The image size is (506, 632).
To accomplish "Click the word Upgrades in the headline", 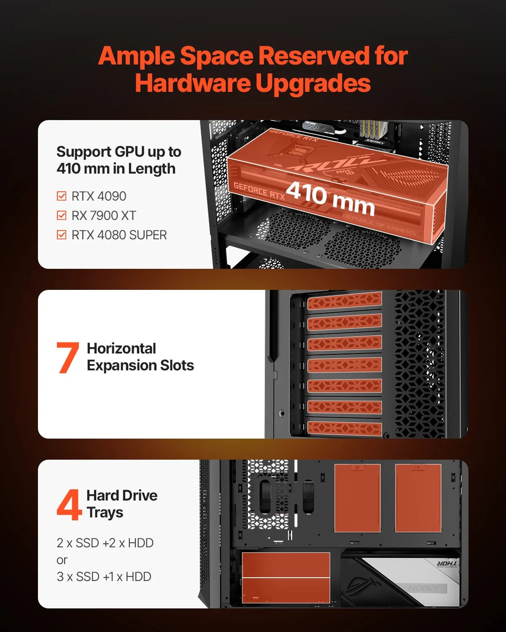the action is pos(313,83).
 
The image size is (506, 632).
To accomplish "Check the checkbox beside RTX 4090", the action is pos(62,196).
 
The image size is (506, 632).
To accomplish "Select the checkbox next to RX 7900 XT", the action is pos(62,215).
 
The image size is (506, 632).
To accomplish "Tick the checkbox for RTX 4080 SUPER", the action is pos(62,235).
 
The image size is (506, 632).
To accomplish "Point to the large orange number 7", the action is pos(67,357).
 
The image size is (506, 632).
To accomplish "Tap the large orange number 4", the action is pos(69,504).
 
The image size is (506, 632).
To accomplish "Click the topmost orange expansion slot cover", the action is pos(345,301).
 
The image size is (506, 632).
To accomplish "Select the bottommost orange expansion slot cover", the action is pos(345,428).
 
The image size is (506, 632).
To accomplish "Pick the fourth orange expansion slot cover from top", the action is pos(345,365).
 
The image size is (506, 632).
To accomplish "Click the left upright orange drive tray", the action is pos(358,498).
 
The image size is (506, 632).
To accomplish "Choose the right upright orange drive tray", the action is pos(418,498).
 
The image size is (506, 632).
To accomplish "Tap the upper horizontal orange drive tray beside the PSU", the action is pos(286,565).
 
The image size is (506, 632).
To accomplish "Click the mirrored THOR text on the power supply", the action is pos(447,563).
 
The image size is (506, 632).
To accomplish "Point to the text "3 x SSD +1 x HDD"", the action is pos(104,576).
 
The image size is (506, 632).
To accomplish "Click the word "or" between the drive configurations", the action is pos(62,560).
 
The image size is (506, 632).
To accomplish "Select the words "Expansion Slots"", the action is pos(140,366).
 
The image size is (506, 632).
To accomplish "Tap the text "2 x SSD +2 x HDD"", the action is pos(105,543).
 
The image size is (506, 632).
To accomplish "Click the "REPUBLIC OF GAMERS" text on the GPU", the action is pos(379,225).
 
